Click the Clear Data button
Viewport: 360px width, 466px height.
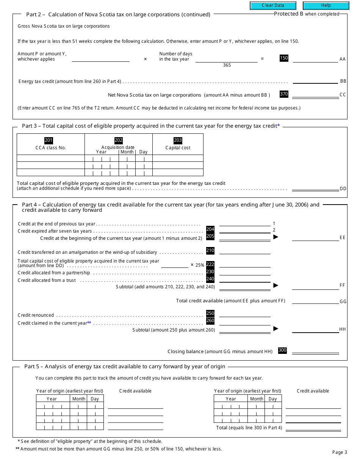[273, 6]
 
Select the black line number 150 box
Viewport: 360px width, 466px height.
[284, 58]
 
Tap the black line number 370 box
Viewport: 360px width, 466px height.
[284, 94]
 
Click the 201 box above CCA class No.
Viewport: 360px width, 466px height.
[49, 141]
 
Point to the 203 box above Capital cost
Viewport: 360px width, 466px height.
[178, 141]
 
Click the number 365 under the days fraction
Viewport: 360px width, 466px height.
[227, 65]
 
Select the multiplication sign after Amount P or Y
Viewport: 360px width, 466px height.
[145, 59]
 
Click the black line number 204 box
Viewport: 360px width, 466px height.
[210, 229]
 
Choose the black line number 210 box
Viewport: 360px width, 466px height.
[210, 250]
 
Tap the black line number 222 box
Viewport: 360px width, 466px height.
[210, 264]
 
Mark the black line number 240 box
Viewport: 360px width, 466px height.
[210, 279]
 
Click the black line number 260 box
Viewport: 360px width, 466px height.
[210, 321]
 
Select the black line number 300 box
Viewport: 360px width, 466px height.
[282, 350]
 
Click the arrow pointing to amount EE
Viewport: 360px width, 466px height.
[276, 237]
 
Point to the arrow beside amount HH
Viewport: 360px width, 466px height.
[276, 328]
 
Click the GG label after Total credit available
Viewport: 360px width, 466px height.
[343, 302]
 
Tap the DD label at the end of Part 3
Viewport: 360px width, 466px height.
[343, 189]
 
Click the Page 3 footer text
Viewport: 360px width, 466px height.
[340, 452]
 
